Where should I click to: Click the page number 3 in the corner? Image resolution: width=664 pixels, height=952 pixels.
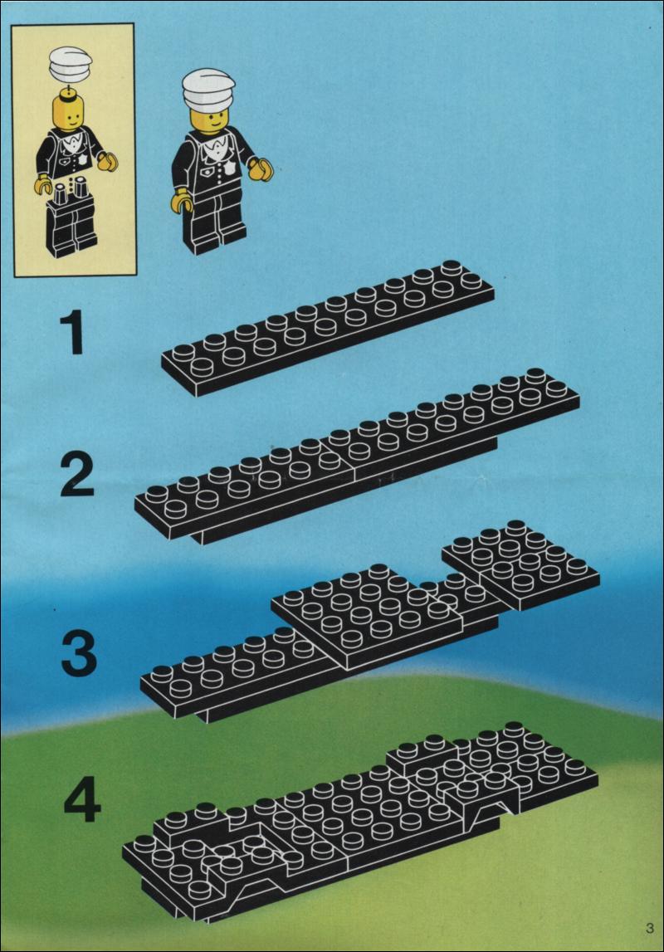pyautogui.click(x=650, y=928)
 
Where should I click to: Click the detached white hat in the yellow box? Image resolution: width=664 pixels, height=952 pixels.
pyautogui.click(x=71, y=63)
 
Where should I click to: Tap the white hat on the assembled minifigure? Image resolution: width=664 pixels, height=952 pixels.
pyautogui.click(x=208, y=90)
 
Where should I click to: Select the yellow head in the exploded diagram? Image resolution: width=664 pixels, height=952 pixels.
pyautogui.click(x=69, y=110)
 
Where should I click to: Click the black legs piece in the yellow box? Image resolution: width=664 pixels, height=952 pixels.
pyautogui.click(x=71, y=222)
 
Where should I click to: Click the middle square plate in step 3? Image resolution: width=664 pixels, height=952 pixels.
pyautogui.click(x=365, y=614)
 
